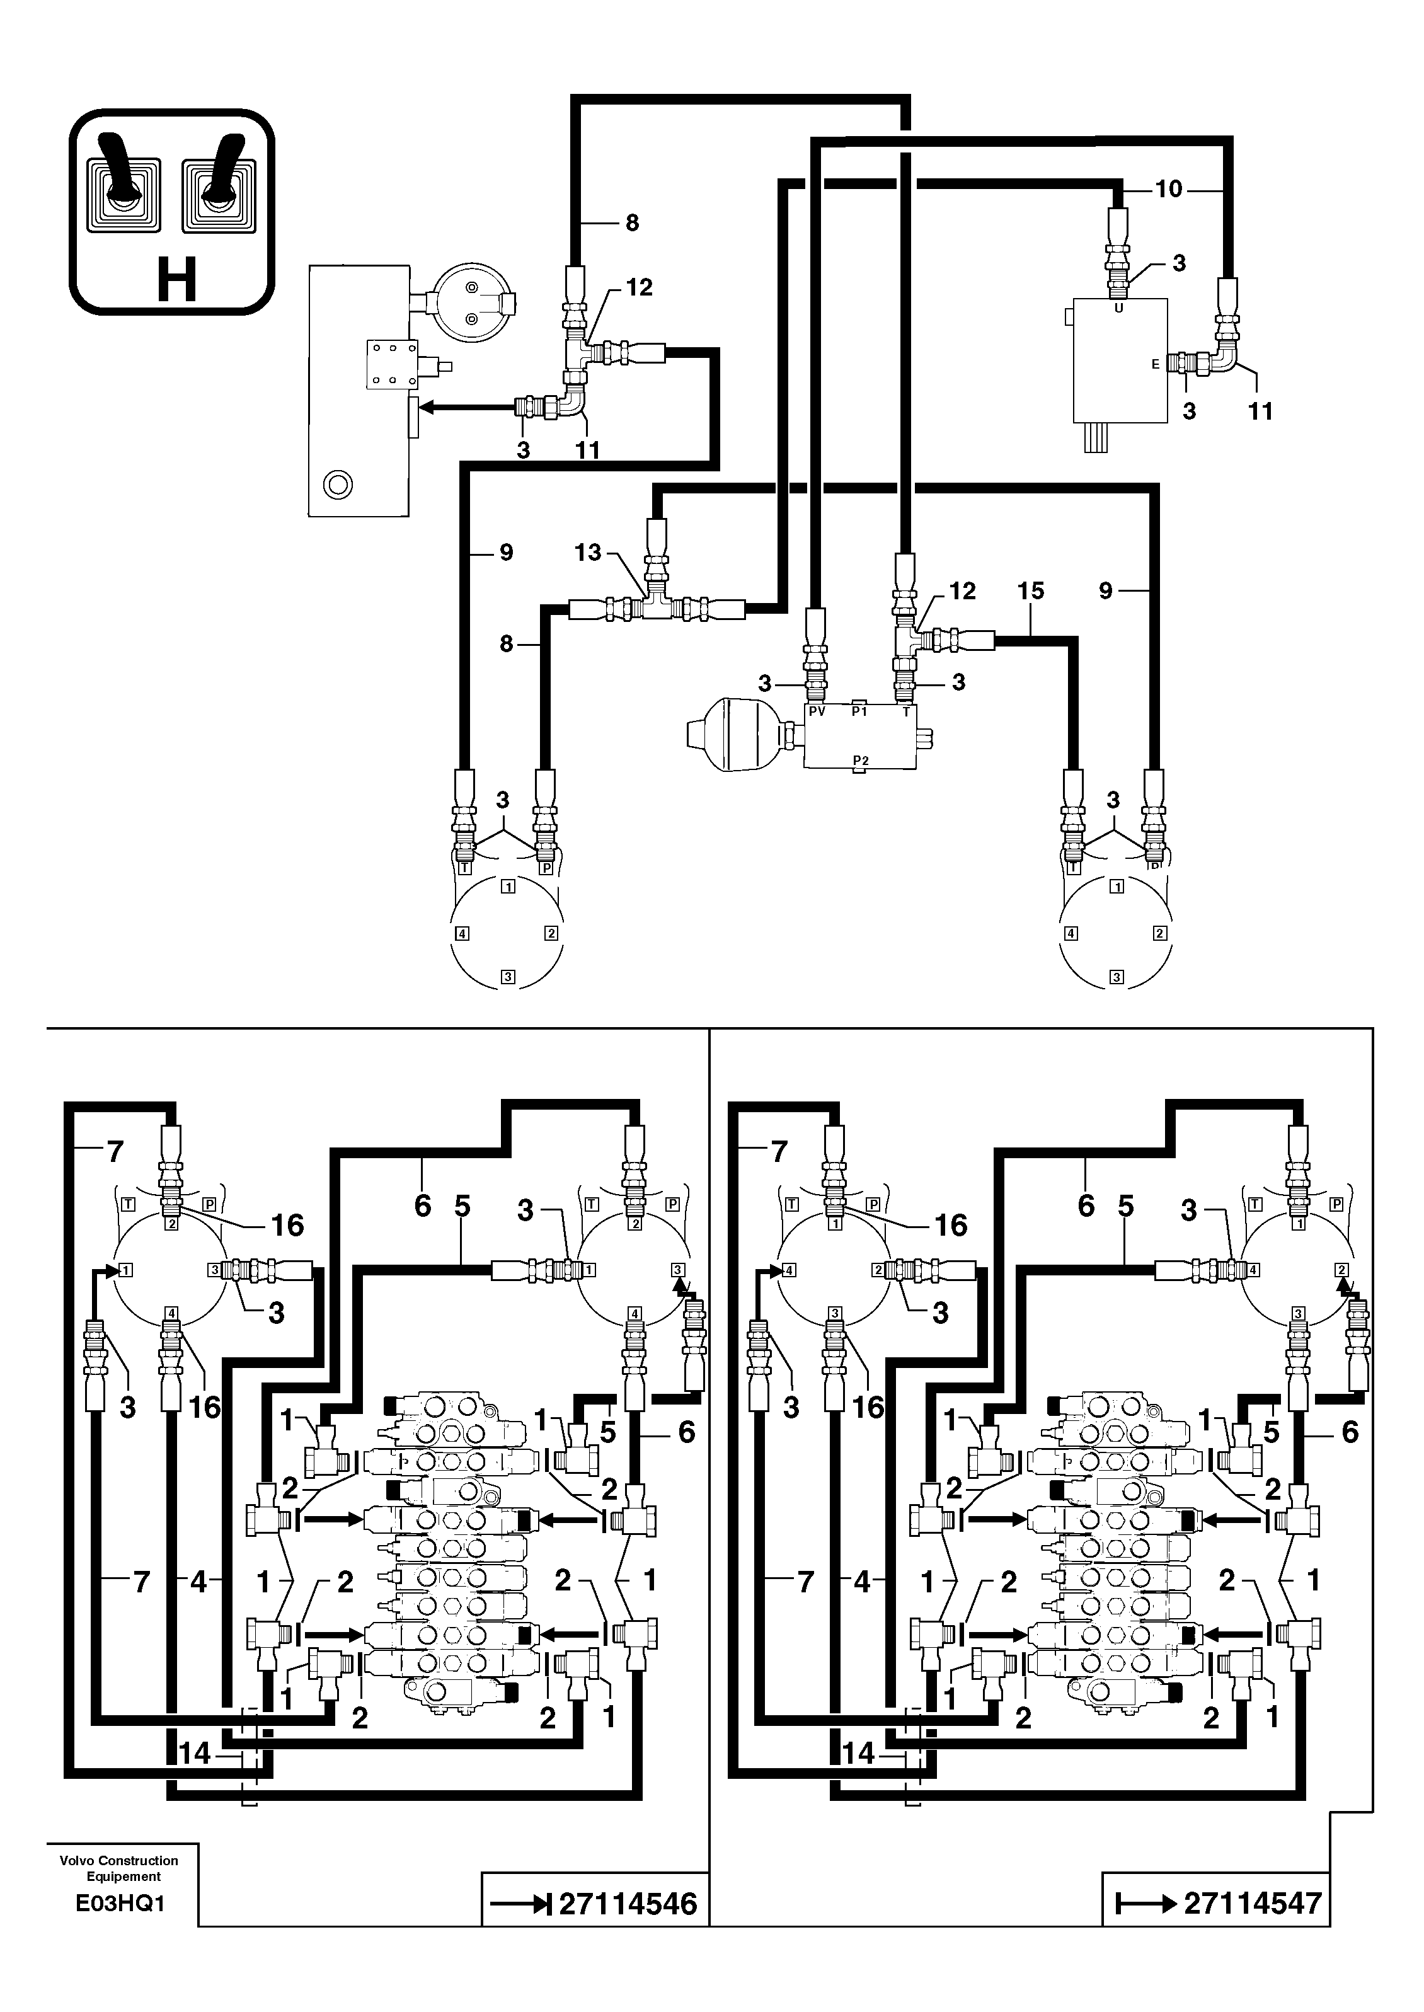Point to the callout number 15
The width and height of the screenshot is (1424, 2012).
pyautogui.click(x=1031, y=591)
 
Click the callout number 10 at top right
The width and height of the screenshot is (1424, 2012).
pyautogui.click(x=1168, y=190)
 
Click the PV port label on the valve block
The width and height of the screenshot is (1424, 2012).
pyautogui.click(x=817, y=712)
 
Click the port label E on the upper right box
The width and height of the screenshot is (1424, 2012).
pyautogui.click(x=1155, y=364)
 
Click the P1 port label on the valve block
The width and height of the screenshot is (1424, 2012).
pyautogui.click(x=860, y=712)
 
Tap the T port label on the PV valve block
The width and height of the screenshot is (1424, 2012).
pyautogui.click(x=907, y=712)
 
